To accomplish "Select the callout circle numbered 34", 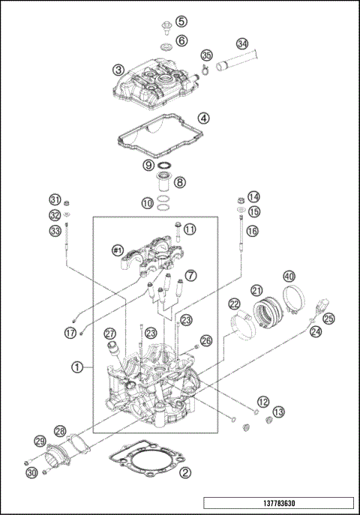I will coord(242,43).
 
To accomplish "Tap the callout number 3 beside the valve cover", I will coord(118,70).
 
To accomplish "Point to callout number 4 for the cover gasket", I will coord(204,118).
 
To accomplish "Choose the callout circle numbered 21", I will coord(256,290).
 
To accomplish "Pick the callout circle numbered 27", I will coord(110,334).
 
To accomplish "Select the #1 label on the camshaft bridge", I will coord(117,249).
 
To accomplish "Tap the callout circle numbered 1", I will coord(76,367).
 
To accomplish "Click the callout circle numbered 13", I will coord(278,412).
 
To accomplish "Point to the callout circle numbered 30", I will coord(31,472).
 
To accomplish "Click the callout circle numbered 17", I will coord(70,332).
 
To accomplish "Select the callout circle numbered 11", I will coord(190,228).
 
